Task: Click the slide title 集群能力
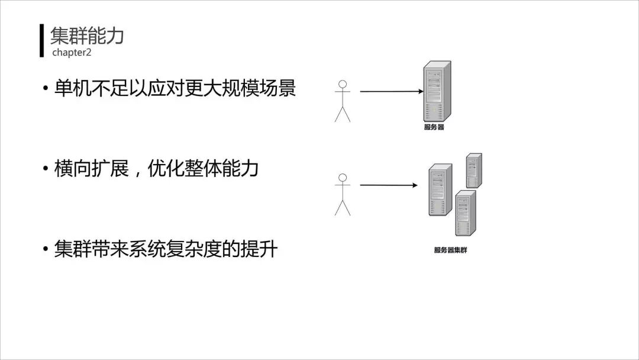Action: coord(87,36)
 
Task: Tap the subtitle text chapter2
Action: coord(72,53)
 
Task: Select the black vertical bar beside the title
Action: coord(42,40)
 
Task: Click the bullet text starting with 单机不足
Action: coord(175,88)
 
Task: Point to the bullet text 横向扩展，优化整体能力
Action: coord(156,169)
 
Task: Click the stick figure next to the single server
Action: coord(343,101)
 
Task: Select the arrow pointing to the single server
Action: coord(390,92)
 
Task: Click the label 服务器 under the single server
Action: coord(434,127)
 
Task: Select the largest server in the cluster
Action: coord(440,189)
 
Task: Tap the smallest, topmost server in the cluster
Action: coord(473,171)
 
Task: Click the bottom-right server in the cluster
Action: coord(465,213)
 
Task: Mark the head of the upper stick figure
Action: coord(342,84)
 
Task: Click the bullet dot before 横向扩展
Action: coord(45,169)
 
